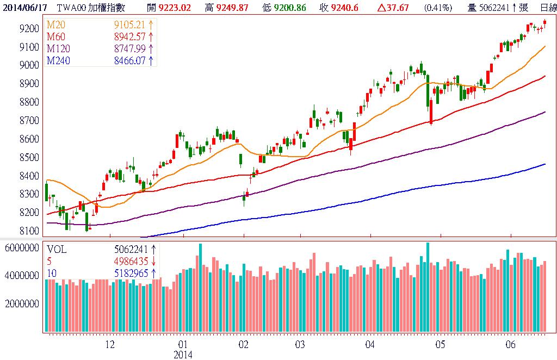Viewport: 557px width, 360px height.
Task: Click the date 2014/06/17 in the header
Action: pos(24,7)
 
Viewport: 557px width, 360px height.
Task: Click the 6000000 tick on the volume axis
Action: pos(21,248)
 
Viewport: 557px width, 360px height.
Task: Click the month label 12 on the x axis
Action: pos(110,345)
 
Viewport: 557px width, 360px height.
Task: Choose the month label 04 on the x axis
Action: pos(370,345)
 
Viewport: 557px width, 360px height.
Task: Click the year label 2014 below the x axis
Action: pos(183,355)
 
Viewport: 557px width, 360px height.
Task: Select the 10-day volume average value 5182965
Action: pos(131,273)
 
